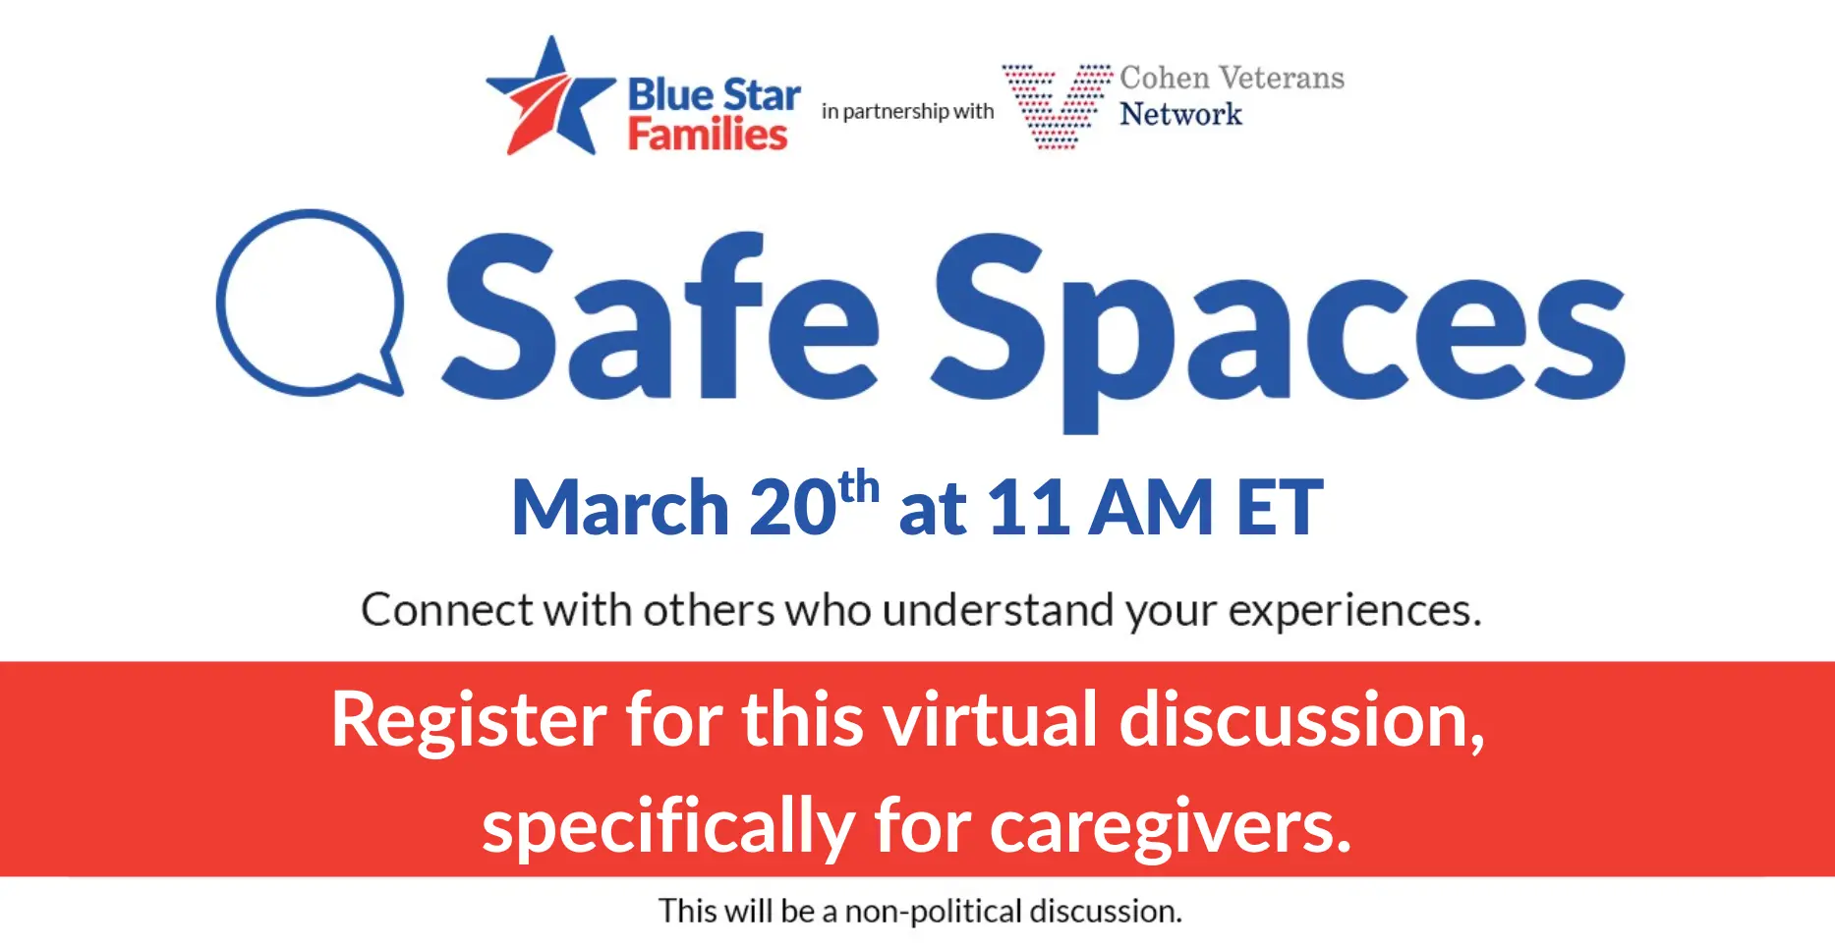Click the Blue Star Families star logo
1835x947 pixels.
click(x=550, y=98)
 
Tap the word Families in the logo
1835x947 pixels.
click(x=708, y=135)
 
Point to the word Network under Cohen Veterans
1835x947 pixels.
click(x=1180, y=114)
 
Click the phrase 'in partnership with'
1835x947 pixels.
click(x=908, y=112)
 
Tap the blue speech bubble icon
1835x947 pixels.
click(x=311, y=304)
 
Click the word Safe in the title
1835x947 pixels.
click(x=660, y=317)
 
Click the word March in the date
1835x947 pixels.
click(x=620, y=508)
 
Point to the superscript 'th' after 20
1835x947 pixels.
click(x=859, y=487)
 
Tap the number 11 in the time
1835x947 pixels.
click(x=1028, y=508)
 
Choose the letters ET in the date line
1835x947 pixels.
click(x=1280, y=508)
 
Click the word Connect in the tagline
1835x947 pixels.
click(x=447, y=610)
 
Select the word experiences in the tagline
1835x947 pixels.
click(x=1354, y=611)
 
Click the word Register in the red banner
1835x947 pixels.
click(x=469, y=721)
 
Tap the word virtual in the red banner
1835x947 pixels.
click(x=990, y=720)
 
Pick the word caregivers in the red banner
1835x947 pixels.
click(x=1171, y=827)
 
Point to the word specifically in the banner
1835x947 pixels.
click(x=668, y=827)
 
